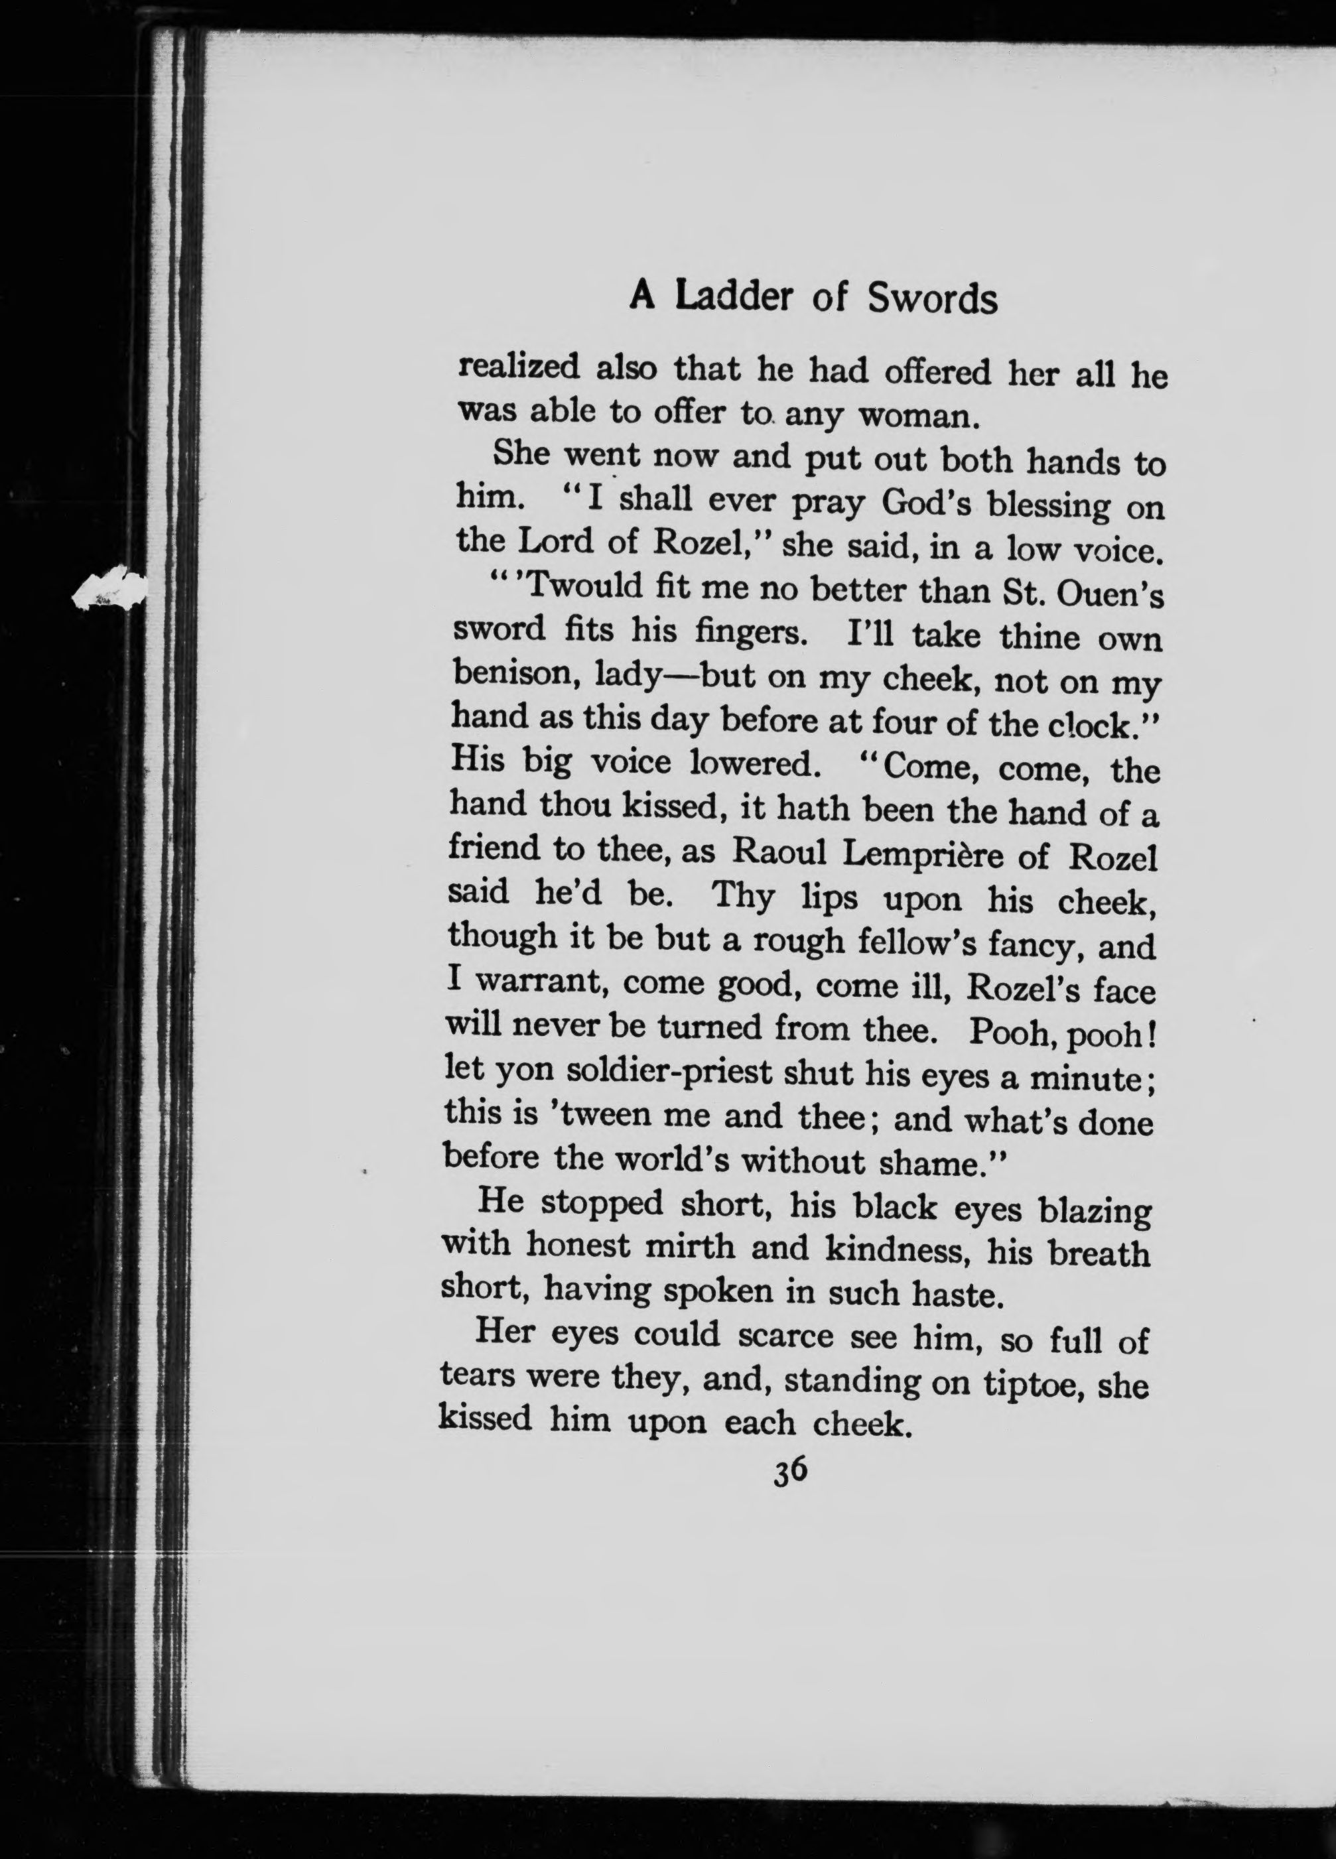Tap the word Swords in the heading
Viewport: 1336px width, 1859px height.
933,300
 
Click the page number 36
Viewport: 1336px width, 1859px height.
790,1471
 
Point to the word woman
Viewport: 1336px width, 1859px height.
918,417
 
